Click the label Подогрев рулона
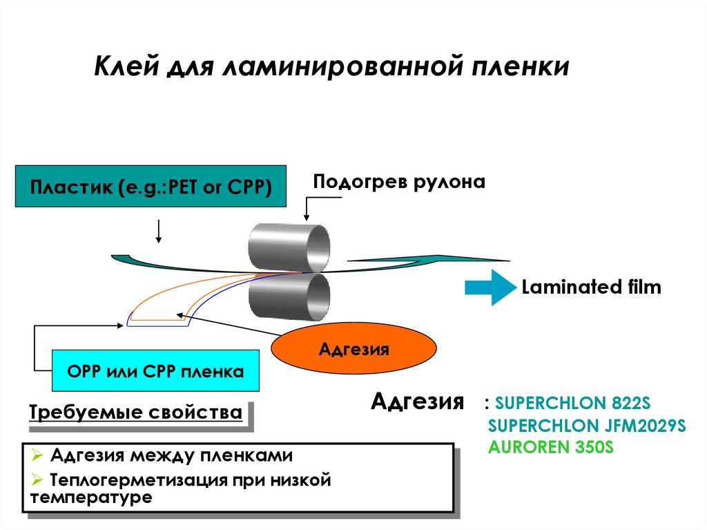coord(399,182)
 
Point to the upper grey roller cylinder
coord(289,247)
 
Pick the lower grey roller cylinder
coord(289,296)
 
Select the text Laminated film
coord(591,287)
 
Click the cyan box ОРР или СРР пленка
coord(155,371)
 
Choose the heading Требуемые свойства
coord(135,413)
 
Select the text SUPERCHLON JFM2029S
coord(586,425)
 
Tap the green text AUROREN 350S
coord(550,446)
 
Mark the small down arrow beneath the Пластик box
coord(159,231)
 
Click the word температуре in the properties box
coord(90,497)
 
